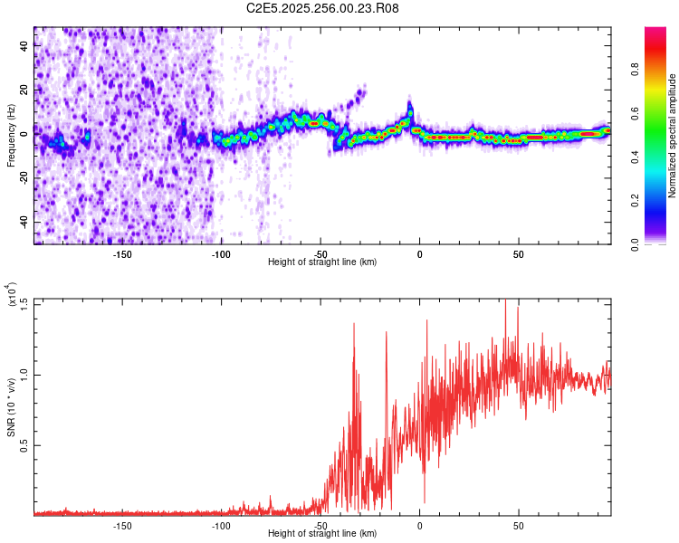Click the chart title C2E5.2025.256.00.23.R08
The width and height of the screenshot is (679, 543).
coord(323,8)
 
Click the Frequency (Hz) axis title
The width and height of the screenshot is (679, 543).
coord(12,136)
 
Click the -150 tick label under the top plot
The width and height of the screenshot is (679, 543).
coord(122,254)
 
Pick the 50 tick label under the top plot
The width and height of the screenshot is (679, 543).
coord(518,254)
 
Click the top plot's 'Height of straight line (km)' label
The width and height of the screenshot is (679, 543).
coord(322,262)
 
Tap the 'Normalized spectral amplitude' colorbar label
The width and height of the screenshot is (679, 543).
coord(672,136)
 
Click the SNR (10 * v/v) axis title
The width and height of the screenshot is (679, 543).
coord(12,407)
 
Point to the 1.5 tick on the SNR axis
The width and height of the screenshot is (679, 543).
coord(25,302)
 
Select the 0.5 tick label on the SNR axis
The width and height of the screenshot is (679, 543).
coord(25,444)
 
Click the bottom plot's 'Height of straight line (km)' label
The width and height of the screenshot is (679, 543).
coord(322,534)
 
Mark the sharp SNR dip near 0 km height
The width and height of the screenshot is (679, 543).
coord(425,500)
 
